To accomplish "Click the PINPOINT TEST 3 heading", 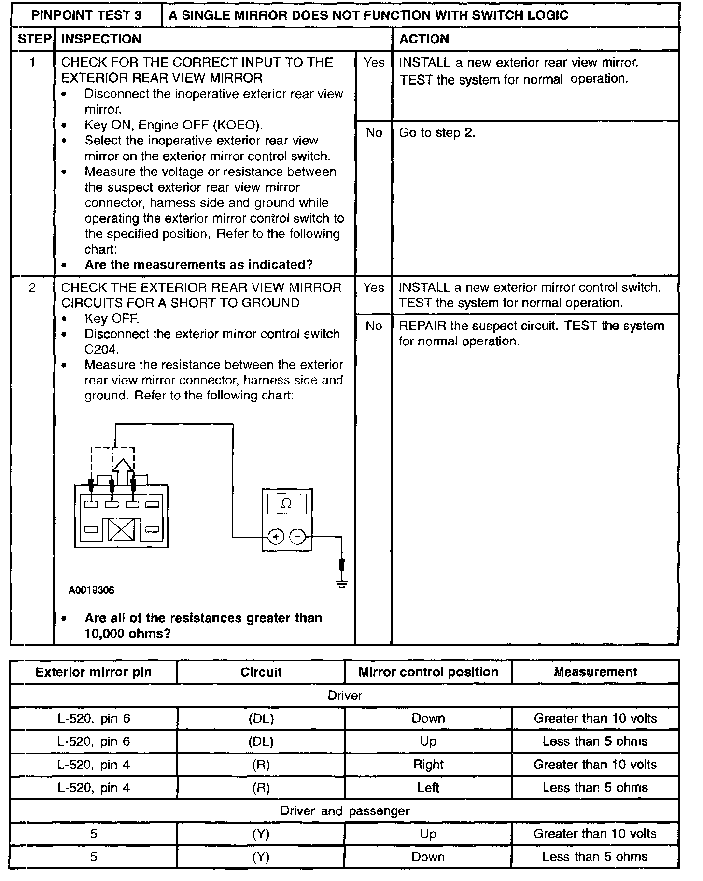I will (86, 15).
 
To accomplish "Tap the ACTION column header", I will (424, 39).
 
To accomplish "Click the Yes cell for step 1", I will (374, 63).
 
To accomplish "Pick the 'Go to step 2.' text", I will (437, 133).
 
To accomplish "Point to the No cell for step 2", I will (374, 326).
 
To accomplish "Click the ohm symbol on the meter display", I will (286, 504).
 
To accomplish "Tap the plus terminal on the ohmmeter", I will (276, 537).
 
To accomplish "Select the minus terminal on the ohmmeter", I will (297, 537).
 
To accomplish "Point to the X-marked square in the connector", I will (121, 530).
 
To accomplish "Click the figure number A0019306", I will (91, 590).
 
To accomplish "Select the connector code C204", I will (101, 349).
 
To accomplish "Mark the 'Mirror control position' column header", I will (428, 672).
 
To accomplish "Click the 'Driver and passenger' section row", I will (344, 811).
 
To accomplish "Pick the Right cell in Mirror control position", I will (428, 765).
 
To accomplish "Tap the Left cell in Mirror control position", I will (428, 788).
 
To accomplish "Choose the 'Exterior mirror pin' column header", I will (94, 672).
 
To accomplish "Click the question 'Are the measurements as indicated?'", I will (198, 265).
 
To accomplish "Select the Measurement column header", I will (595, 672).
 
